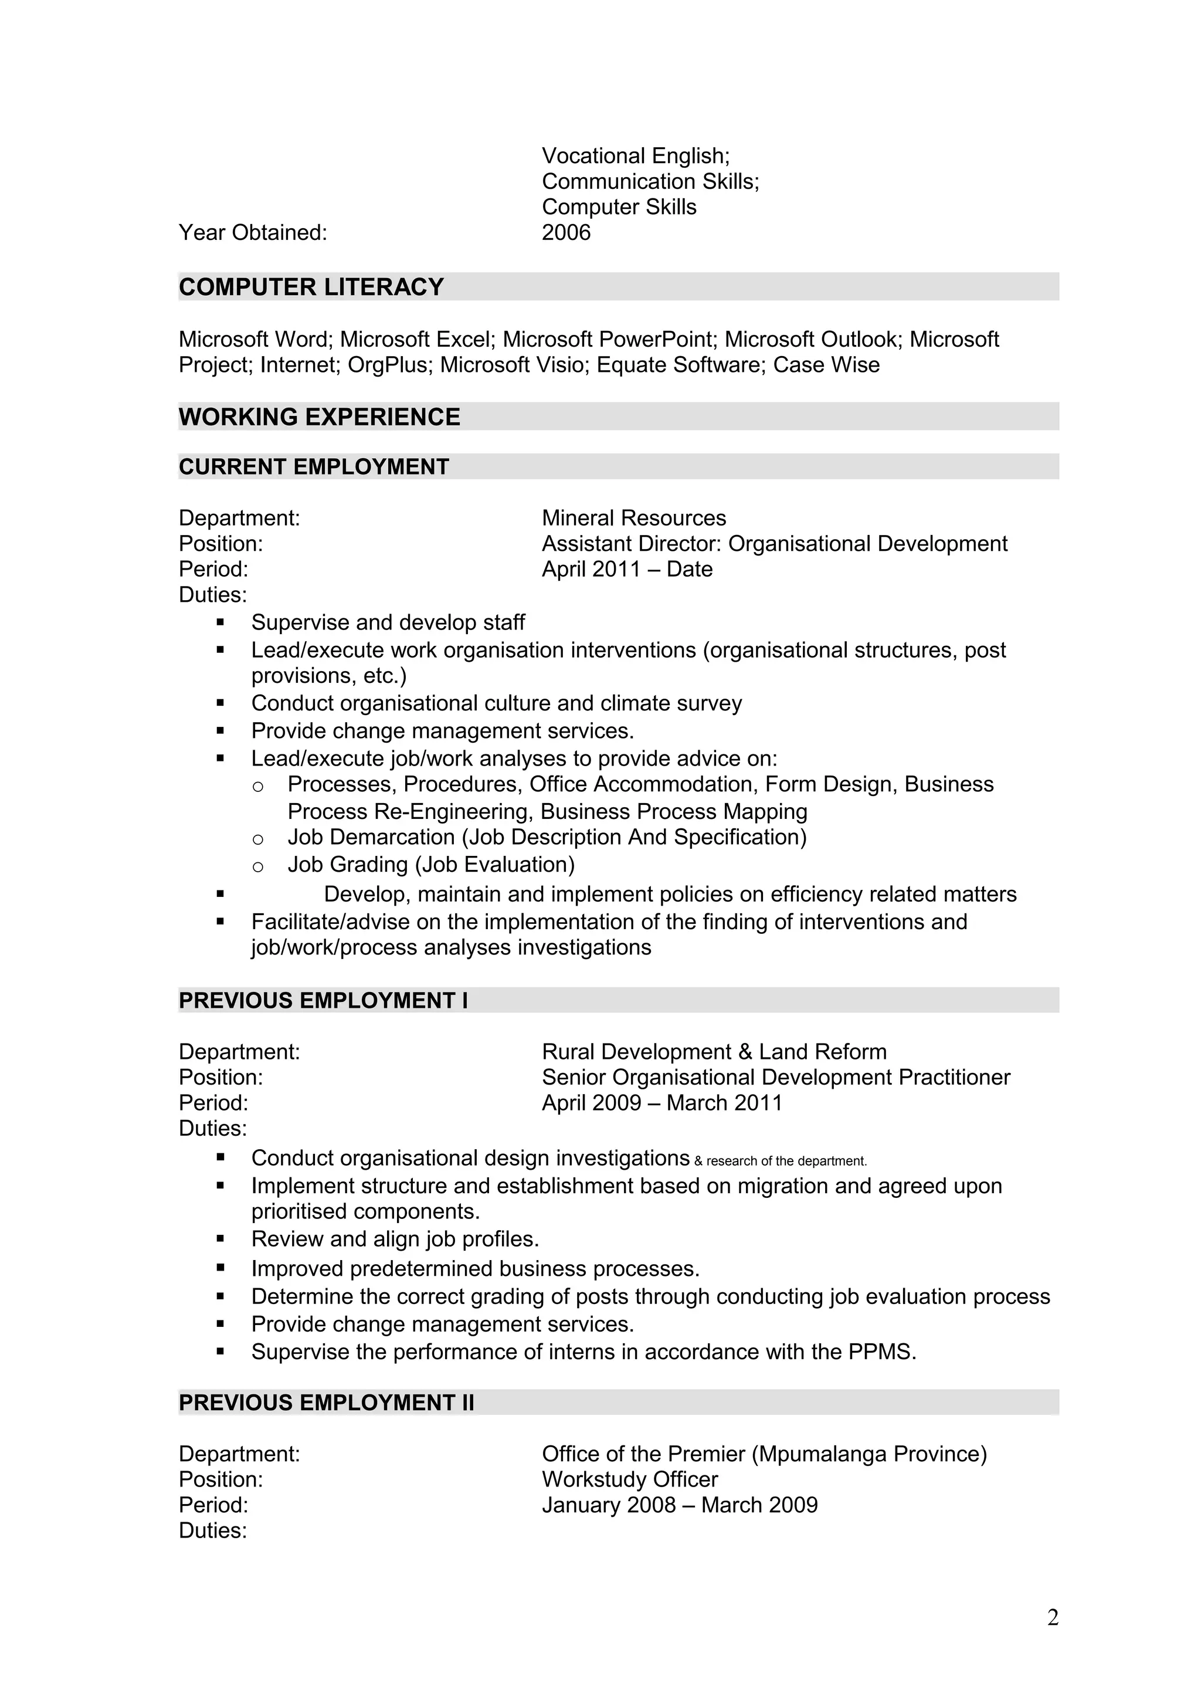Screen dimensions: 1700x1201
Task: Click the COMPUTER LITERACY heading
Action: pos(311,286)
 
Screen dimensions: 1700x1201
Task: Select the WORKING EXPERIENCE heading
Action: pos(319,417)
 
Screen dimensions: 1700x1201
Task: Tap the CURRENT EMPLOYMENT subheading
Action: pos(314,466)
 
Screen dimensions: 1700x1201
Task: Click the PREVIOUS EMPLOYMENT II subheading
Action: pos(326,1403)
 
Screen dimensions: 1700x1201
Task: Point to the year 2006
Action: pos(566,232)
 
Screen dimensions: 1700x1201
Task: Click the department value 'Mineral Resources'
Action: pos(633,517)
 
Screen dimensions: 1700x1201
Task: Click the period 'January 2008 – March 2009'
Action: pos(679,1505)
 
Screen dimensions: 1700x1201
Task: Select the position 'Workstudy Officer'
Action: pos(629,1479)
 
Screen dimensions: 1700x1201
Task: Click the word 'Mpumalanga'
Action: pos(823,1454)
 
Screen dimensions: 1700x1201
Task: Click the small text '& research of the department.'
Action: pos(781,1161)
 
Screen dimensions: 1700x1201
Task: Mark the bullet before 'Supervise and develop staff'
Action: pos(220,623)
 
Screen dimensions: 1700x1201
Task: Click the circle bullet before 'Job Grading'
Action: pos(257,866)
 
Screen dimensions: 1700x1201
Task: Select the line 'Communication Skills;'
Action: pos(650,181)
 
